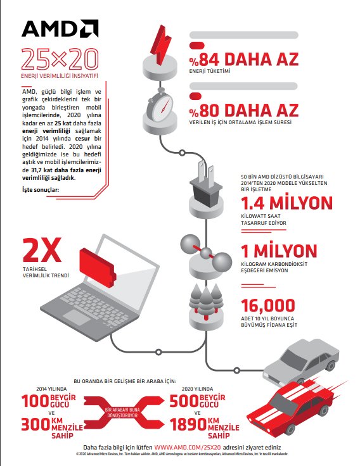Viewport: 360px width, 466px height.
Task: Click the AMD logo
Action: coord(59,28)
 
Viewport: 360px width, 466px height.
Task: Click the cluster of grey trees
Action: coord(207,297)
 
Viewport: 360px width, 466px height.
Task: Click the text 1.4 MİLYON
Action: coord(287,203)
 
